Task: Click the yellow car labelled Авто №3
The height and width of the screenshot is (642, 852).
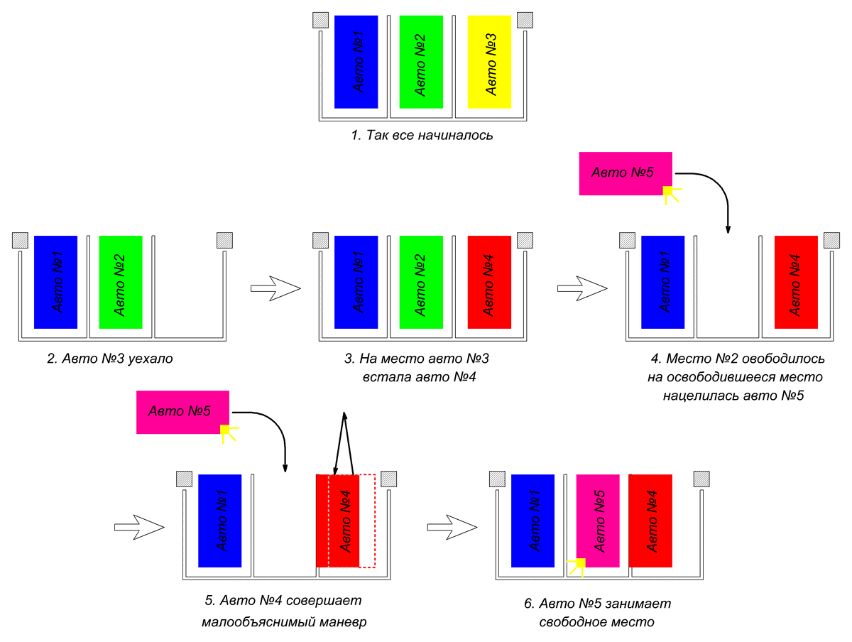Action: (x=489, y=62)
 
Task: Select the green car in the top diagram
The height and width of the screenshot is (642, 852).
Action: (x=421, y=62)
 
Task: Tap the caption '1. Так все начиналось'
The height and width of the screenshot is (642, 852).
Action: (x=422, y=135)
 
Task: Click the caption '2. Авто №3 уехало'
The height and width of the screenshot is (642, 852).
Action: (x=110, y=358)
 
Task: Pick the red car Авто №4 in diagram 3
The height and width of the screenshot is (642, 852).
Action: (x=489, y=282)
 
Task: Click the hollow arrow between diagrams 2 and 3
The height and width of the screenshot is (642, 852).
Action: (x=275, y=288)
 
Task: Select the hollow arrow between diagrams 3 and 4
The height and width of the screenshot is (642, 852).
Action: (x=582, y=288)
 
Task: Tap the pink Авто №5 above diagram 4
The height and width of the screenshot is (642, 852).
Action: (x=626, y=173)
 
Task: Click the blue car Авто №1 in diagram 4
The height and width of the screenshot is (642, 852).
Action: (x=662, y=282)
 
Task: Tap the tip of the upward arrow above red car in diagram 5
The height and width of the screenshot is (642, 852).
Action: (x=344, y=413)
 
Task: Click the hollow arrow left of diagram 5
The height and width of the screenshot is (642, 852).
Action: (x=139, y=527)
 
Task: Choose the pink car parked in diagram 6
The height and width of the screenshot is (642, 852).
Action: (x=598, y=521)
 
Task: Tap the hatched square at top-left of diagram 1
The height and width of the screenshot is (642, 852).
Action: (x=321, y=20)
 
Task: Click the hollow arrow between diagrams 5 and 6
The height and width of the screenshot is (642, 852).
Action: (x=452, y=527)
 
